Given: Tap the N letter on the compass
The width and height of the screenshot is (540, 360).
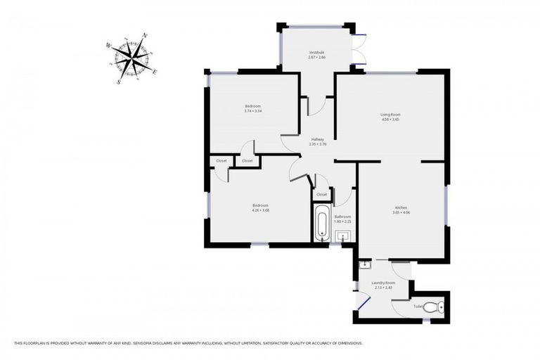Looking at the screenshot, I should (x=145, y=35).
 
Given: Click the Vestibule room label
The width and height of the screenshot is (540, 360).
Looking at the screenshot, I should (x=316, y=53).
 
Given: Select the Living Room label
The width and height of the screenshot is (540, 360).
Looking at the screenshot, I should (x=391, y=115).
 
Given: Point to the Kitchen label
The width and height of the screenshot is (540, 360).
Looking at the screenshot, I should (x=401, y=207).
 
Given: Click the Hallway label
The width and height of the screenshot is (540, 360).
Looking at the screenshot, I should (x=318, y=139).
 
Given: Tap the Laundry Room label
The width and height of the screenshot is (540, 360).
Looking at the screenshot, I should (x=383, y=283).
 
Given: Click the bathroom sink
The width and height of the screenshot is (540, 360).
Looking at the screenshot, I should (x=342, y=236).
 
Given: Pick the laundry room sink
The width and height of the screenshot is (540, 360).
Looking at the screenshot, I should (x=365, y=265).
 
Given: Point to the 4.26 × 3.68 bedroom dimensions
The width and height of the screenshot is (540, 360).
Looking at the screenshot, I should (x=261, y=210).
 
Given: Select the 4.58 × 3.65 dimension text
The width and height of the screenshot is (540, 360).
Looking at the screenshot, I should (x=391, y=120).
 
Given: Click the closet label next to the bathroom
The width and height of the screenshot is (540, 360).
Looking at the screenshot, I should (x=321, y=194).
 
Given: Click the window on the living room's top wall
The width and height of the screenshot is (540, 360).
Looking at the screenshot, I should (x=391, y=72).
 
